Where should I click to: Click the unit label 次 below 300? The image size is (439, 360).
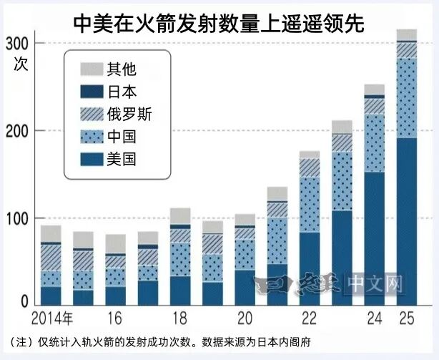[20, 62]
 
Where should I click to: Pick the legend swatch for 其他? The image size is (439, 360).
[91, 69]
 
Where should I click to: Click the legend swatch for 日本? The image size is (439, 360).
[91, 91]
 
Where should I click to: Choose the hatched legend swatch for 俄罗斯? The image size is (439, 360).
[91, 113]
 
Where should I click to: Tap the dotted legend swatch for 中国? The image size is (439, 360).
[91, 135]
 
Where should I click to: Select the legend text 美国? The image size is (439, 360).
[121, 157]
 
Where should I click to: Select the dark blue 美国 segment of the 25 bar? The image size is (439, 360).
[407, 222]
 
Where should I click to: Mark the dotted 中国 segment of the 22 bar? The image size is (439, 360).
[309, 205]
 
